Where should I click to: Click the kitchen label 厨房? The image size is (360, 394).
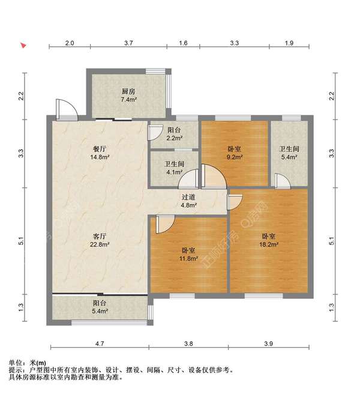(x=128, y=91)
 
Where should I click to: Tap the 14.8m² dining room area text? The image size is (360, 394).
(x=100, y=157)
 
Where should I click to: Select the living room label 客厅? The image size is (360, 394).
(x=100, y=235)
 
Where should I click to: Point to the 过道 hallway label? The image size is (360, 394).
(x=188, y=196)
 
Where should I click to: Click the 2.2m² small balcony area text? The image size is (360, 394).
(x=174, y=139)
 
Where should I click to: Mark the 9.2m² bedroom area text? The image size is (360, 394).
(x=235, y=157)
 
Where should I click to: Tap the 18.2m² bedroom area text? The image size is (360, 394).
(x=269, y=244)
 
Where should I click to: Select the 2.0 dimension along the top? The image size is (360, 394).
(x=70, y=43)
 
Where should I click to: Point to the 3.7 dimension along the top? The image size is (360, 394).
(x=128, y=43)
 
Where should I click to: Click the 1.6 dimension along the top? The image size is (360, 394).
(x=184, y=43)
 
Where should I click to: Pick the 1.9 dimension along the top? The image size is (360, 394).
(x=289, y=43)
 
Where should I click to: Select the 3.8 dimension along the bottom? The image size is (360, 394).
(x=188, y=344)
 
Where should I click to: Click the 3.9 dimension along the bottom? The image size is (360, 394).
(x=268, y=344)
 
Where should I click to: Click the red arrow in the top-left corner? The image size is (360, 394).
(x=23, y=45)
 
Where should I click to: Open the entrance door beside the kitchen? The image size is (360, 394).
(x=64, y=109)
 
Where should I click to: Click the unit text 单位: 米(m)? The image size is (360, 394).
(x=27, y=363)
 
